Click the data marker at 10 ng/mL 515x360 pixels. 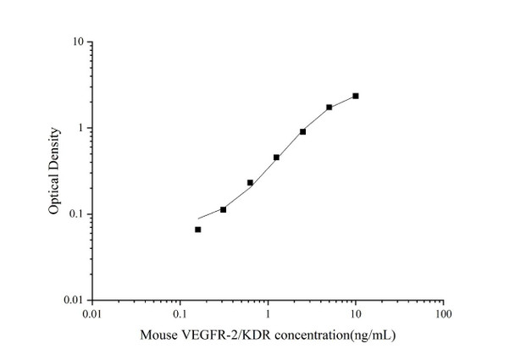[356, 96]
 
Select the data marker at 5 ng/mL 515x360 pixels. [329, 107]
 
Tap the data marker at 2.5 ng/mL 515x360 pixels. [302, 131]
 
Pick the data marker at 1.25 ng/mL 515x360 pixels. [276, 157]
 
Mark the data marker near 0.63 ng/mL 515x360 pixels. [250, 182]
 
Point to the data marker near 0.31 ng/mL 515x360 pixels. [223, 208]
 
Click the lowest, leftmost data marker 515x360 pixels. [197, 229]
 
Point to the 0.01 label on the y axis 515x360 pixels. [73, 301]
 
